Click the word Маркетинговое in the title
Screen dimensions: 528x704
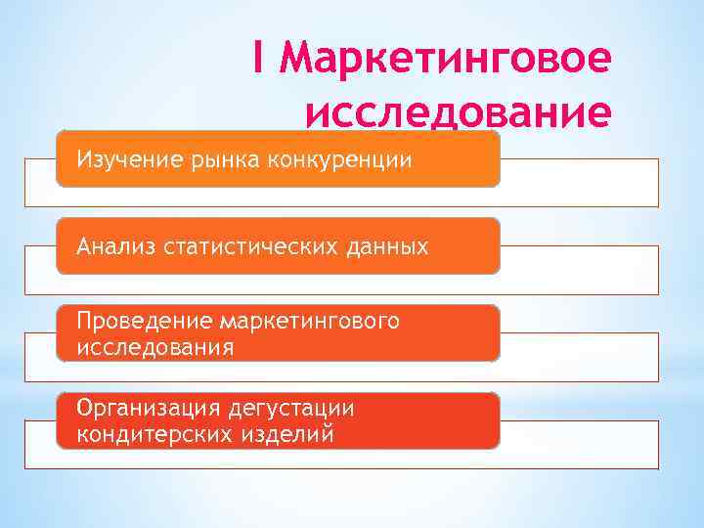(445, 59)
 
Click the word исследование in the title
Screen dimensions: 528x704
(459, 112)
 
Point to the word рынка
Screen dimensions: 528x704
(222, 158)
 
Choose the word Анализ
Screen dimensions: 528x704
(113, 245)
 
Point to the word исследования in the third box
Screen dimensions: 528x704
(156, 346)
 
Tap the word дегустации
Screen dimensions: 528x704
(292, 408)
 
